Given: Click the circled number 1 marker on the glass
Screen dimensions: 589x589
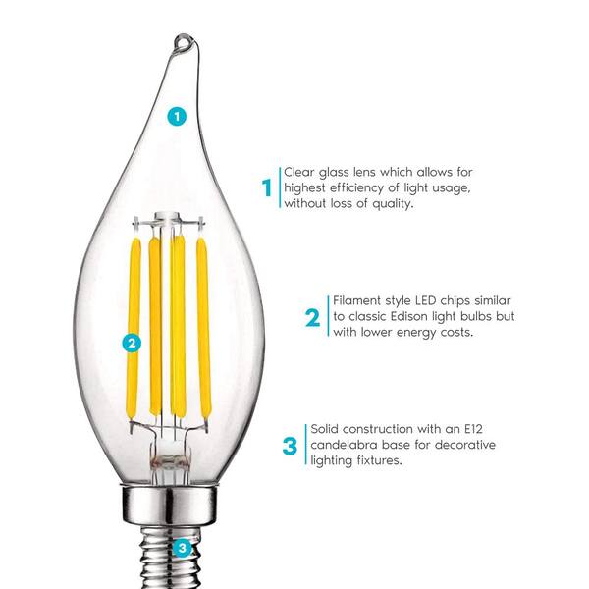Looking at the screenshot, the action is point(177,117).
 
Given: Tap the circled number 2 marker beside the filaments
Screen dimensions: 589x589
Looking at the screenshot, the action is point(132,343).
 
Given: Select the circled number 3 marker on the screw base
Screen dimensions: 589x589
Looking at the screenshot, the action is point(183,548).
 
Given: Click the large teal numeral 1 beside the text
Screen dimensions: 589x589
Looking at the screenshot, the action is point(267,187).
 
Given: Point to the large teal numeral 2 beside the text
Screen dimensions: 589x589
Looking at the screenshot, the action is point(312,317).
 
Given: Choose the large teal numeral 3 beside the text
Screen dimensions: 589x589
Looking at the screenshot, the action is point(290,446).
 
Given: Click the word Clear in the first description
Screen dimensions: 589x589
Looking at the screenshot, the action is point(299,172).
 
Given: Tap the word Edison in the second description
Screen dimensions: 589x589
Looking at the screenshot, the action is point(408,316).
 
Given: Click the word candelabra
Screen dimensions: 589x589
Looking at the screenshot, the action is point(344,445).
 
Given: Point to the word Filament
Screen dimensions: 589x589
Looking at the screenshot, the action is point(357,300).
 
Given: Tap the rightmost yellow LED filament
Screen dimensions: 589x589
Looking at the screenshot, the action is point(203,328).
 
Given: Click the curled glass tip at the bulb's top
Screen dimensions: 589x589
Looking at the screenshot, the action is point(185,42).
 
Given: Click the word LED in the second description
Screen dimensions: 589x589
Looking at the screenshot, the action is point(426,300).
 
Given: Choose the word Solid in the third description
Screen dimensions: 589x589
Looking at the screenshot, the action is point(324,429).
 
